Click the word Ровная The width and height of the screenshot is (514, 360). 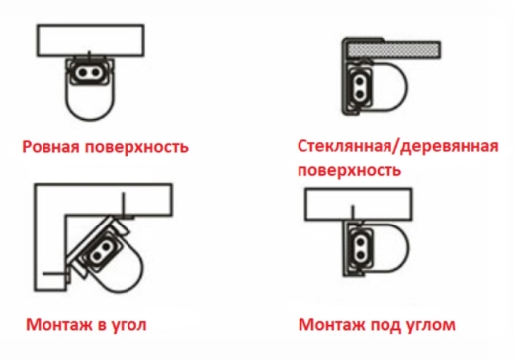pyautogui.click(x=51, y=146)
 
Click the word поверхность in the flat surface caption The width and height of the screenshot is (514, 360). pyautogui.click(x=136, y=147)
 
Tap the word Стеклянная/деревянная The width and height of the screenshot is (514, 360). pyautogui.click(x=398, y=146)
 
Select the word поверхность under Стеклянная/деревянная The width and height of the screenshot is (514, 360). pyautogui.click(x=349, y=171)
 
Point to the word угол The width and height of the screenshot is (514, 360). pyautogui.click(x=128, y=326)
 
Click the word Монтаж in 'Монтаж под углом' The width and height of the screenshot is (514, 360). pyautogui.click(x=332, y=325)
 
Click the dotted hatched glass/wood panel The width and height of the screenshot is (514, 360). pyautogui.click(x=394, y=50)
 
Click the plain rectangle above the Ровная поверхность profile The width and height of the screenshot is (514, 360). pyautogui.click(x=90, y=41)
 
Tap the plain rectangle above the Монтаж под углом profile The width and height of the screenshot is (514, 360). pyautogui.click(x=358, y=204)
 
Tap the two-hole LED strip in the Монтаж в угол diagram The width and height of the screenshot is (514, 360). pyautogui.click(x=102, y=250)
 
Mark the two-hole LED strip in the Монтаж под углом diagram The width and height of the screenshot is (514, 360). pyautogui.click(x=361, y=249)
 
